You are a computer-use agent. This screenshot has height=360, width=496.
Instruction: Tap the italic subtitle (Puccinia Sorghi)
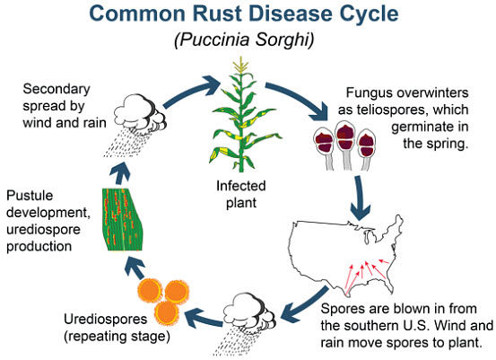247,40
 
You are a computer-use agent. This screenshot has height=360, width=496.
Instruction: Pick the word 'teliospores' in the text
410,113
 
